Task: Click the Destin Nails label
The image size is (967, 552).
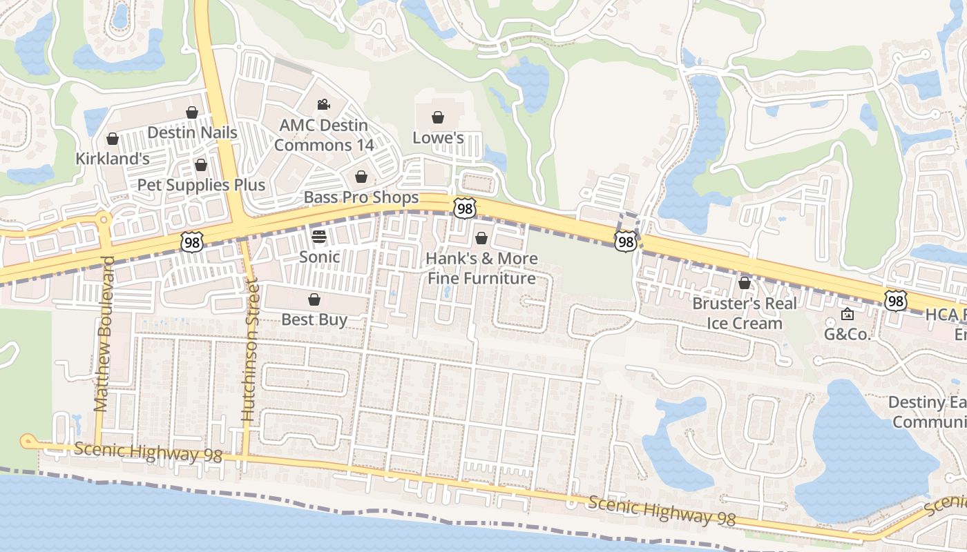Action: click(x=192, y=132)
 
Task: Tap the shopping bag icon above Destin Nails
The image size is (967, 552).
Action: click(x=192, y=112)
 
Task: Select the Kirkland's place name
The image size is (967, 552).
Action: click(x=113, y=158)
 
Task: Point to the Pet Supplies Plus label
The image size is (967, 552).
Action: click(x=201, y=185)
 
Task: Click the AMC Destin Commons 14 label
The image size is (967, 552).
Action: click(x=323, y=135)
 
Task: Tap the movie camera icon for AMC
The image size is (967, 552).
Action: click(x=323, y=104)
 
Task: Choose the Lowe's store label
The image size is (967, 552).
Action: click(x=438, y=138)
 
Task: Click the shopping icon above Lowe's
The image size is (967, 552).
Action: click(x=437, y=118)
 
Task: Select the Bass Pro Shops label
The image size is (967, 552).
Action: click(x=361, y=197)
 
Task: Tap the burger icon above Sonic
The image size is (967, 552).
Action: click(x=319, y=237)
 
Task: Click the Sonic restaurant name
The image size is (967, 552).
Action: click(x=319, y=257)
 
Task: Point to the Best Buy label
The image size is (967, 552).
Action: click(x=314, y=319)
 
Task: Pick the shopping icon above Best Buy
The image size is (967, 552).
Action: click(x=314, y=299)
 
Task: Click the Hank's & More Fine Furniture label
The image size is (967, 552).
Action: click(x=481, y=268)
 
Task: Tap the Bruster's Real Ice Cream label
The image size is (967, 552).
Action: click(x=745, y=313)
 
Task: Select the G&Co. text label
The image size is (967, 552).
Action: click(x=847, y=334)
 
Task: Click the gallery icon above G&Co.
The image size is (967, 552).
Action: click(x=847, y=315)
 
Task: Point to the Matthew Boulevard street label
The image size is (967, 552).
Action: click(x=103, y=334)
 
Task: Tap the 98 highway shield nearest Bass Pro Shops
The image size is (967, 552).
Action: click(x=465, y=208)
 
